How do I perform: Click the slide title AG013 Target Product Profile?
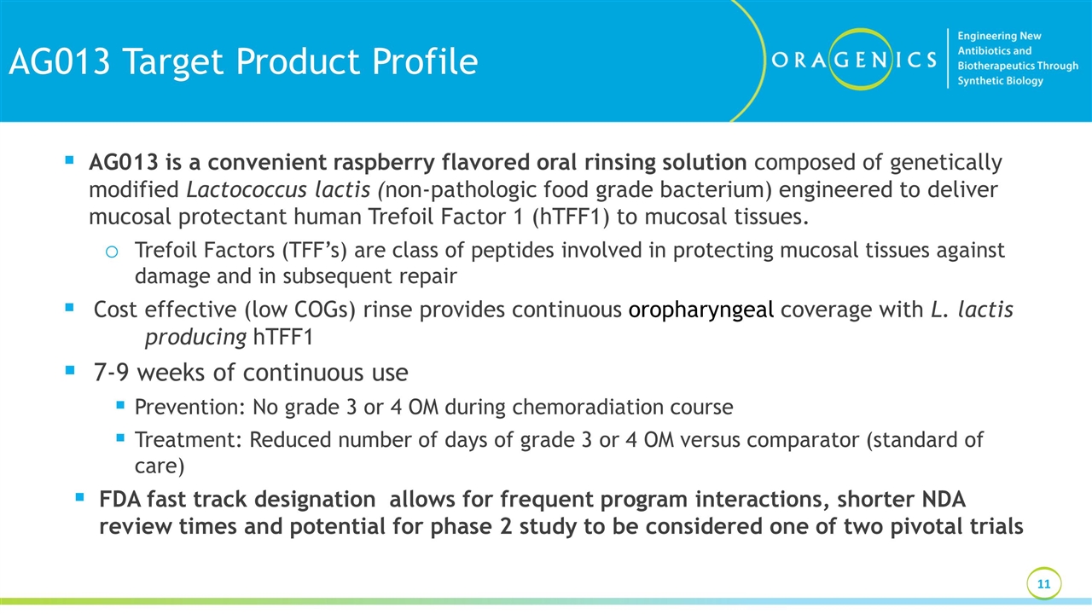click(243, 61)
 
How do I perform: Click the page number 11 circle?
click(1043, 584)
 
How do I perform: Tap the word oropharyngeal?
click(701, 310)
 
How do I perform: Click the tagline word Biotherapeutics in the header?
click(998, 66)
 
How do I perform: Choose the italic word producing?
click(195, 337)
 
